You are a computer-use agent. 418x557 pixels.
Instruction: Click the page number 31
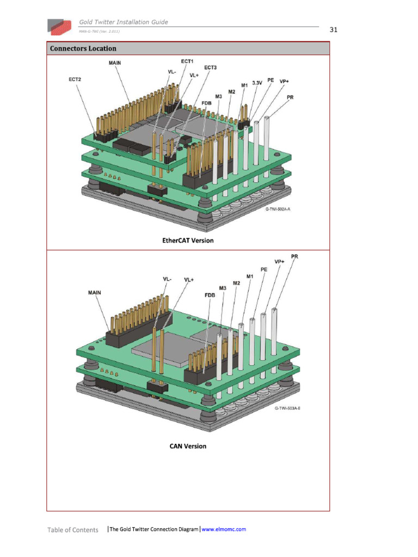click(x=334, y=30)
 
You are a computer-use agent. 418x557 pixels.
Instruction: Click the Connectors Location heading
click(x=83, y=48)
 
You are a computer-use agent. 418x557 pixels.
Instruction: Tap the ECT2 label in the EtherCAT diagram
click(x=75, y=79)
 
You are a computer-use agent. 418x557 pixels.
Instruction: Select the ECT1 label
click(x=187, y=61)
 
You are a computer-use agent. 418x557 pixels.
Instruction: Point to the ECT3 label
click(x=210, y=67)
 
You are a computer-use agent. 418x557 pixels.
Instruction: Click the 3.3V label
click(x=257, y=83)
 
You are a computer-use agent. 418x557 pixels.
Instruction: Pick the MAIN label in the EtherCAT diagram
click(x=114, y=63)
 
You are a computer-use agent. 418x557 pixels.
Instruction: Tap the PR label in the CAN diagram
click(x=294, y=257)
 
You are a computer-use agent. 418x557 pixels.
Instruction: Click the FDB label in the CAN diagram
click(x=210, y=295)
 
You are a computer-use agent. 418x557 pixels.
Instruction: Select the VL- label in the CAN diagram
click(x=167, y=279)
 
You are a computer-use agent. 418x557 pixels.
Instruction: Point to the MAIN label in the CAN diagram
click(x=94, y=293)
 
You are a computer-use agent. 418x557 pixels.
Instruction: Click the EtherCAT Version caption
click(x=188, y=240)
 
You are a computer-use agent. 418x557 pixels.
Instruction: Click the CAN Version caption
click(x=188, y=446)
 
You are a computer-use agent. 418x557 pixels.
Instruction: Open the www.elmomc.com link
click(x=224, y=529)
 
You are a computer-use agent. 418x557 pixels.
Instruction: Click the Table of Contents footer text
click(x=73, y=530)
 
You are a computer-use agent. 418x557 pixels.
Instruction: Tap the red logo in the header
click(x=59, y=27)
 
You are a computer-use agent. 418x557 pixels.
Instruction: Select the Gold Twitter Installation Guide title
click(x=124, y=22)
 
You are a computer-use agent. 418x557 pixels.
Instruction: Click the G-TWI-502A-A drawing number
click(x=278, y=209)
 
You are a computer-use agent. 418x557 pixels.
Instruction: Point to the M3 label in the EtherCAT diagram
click(x=218, y=97)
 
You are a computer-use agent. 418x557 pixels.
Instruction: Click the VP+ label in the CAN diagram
click(x=279, y=262)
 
